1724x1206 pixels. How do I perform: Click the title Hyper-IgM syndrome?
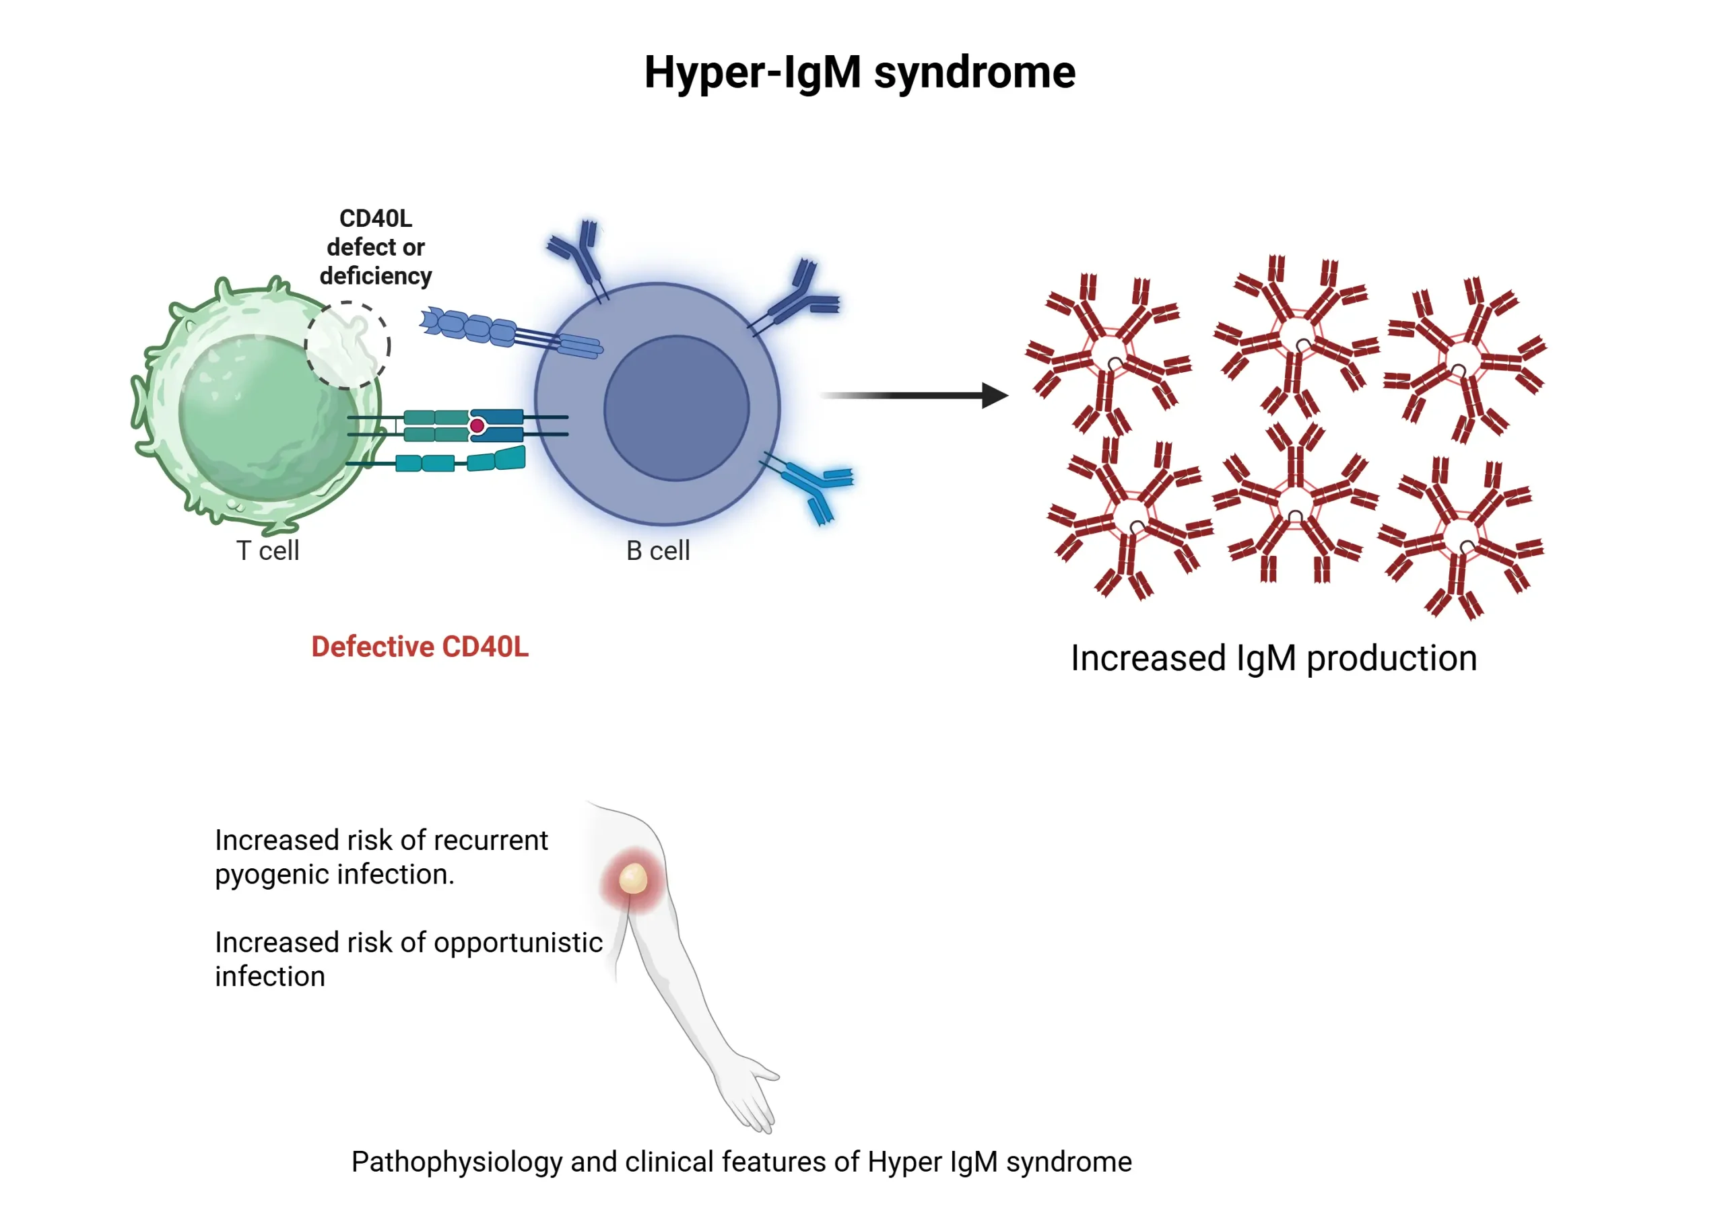click(x=860, y=73)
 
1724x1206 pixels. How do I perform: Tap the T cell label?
click(x=268, y=551)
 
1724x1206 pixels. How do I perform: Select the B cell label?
click(x=658, y=551)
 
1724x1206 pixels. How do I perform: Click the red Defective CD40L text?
click(x=420, y=647)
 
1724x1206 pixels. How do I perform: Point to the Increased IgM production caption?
click(x=1273, y=658)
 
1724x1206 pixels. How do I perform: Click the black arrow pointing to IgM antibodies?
click(x=916, y=396)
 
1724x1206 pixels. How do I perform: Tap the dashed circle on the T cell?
click(x=347, y=345)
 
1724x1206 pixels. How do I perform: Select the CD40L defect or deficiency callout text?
click(x=375, y=247)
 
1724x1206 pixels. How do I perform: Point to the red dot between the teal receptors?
click(x=477, y=426)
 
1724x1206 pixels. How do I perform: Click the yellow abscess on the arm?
click(x=633, y=879)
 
